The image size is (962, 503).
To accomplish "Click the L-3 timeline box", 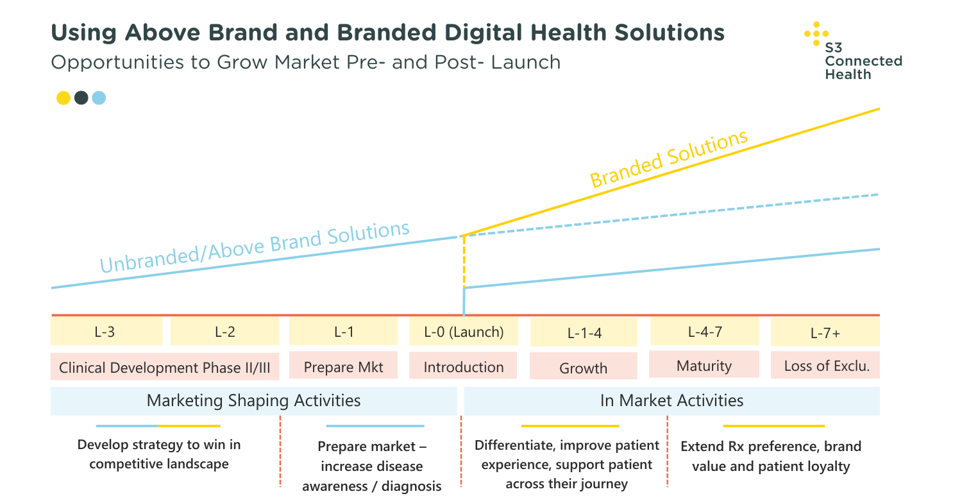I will point(106,332).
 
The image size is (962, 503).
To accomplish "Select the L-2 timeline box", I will point(224,332).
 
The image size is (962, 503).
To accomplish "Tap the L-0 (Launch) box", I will point(464,332).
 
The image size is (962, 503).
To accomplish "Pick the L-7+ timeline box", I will point(825,333).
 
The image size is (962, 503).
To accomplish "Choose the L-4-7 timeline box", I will point(705,332).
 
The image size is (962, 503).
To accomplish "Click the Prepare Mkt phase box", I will point(343,367).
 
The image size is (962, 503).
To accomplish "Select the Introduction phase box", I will point(464,367).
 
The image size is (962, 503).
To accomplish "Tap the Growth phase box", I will point(583,368).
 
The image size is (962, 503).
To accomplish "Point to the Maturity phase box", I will point(704,366).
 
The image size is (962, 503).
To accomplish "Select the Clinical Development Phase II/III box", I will point(165,368).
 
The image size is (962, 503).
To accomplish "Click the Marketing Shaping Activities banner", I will point(253,401).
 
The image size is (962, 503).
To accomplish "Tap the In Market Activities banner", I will point(671,401).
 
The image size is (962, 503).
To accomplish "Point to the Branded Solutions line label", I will point(669,158).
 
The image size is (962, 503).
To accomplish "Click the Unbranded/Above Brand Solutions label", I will point(255,247).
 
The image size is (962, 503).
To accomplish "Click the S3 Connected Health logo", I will point(853,51).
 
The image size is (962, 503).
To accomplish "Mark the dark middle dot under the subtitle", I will point(81,98).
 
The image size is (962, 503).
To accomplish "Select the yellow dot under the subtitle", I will point(63,98).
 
